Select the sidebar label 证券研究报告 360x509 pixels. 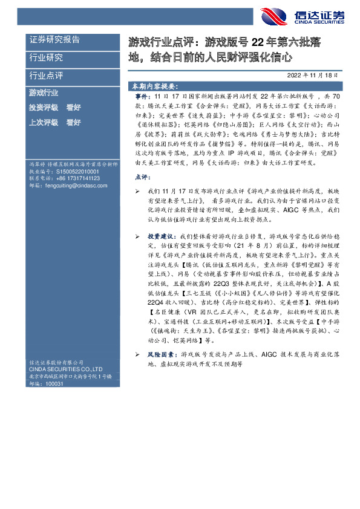54,40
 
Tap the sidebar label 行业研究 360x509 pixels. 46,58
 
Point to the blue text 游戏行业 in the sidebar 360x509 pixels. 44,93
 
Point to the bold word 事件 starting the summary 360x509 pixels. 140,97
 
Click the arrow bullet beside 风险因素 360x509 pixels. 137,356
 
